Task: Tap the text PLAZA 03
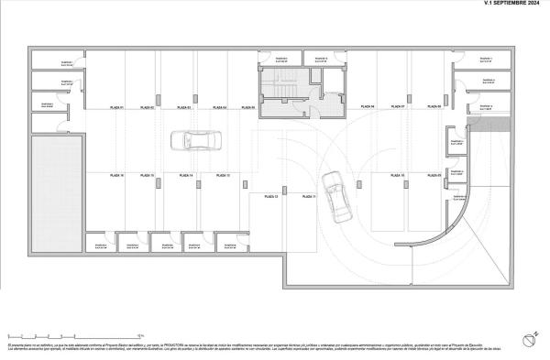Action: click(x=183, y=108)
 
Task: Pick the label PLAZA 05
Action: click(x=248, y=108)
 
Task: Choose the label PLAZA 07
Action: click(x=397, y=107)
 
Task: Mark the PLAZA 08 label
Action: click(x=434, y=107)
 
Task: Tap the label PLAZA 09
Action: click(x=434, y=175)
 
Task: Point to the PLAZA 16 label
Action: click(x=116, y=174)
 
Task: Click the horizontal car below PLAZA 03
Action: click(x=199, y=141)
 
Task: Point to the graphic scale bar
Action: click(x=73, y=336)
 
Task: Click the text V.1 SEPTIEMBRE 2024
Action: click(x=511, y=4)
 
